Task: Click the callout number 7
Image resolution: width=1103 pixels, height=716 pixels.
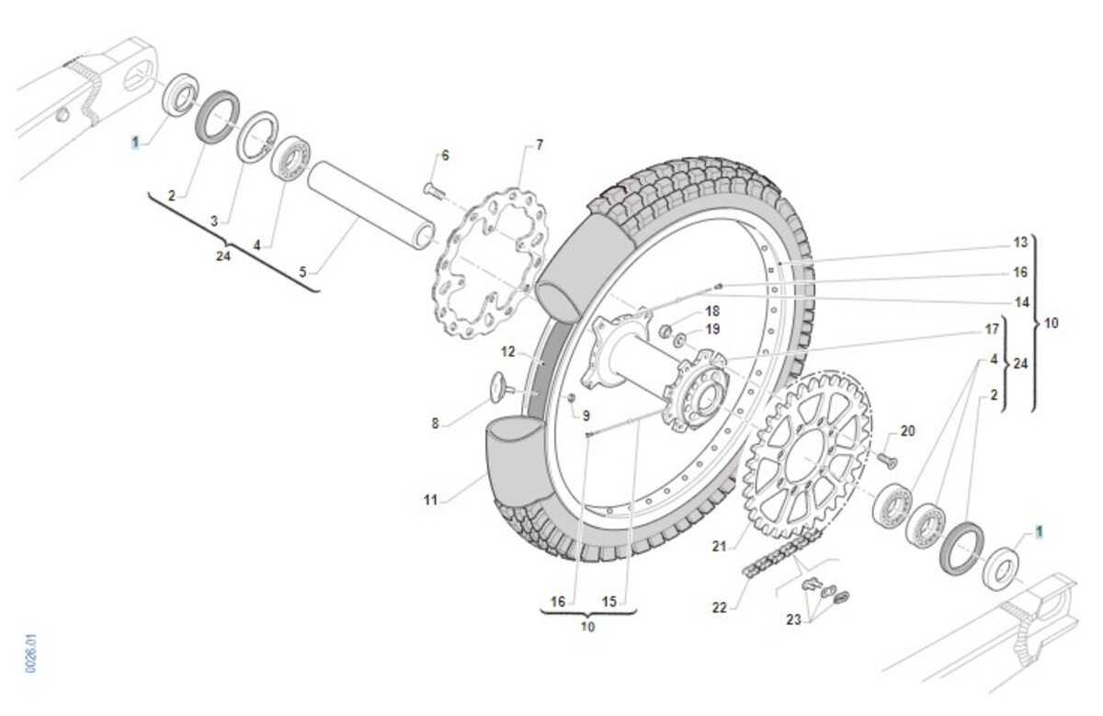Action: coord(540,144)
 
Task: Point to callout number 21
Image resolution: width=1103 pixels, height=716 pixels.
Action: coord(719,547)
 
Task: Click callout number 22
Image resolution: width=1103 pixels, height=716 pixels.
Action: coord(719,608)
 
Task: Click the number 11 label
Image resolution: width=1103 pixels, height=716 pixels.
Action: coord(430,501)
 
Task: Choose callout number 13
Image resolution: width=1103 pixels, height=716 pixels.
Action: coord(1020,243)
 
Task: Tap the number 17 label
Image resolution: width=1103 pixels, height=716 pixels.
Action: coord(992,328)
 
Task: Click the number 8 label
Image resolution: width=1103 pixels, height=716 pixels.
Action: coord(436,424)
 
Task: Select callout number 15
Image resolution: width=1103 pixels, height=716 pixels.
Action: coord(608,602)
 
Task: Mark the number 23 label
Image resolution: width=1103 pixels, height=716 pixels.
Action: coord(793,619)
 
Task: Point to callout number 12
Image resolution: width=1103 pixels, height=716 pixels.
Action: coord(509,351)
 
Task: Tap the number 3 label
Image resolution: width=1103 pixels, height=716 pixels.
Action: coord(214,222)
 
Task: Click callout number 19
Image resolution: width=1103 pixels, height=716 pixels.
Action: coord(712,329)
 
